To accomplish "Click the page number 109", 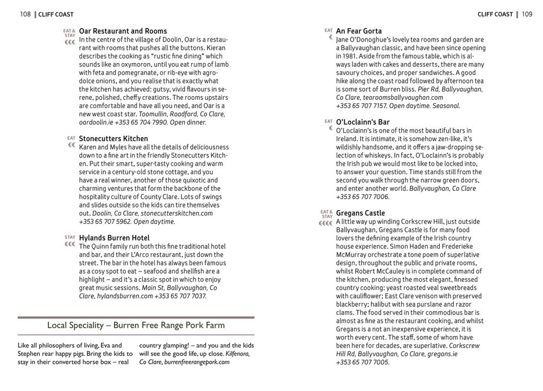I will pos(527,14).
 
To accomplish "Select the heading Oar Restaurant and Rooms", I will pos(123,31).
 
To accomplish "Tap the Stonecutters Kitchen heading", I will pos(113,138).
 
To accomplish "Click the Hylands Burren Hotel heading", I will pos(114,238).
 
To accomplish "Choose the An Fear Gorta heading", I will pos(359,31).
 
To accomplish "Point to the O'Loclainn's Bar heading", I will pos(363,122).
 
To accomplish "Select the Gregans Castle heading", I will pos(361,213).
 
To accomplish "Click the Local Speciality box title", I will pos(136,325).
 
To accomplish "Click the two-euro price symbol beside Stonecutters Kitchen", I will pos(71,146).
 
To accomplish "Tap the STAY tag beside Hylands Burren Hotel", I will pos(70,237).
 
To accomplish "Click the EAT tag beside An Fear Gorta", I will pos(329,30).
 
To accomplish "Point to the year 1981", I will pos(345,56).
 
